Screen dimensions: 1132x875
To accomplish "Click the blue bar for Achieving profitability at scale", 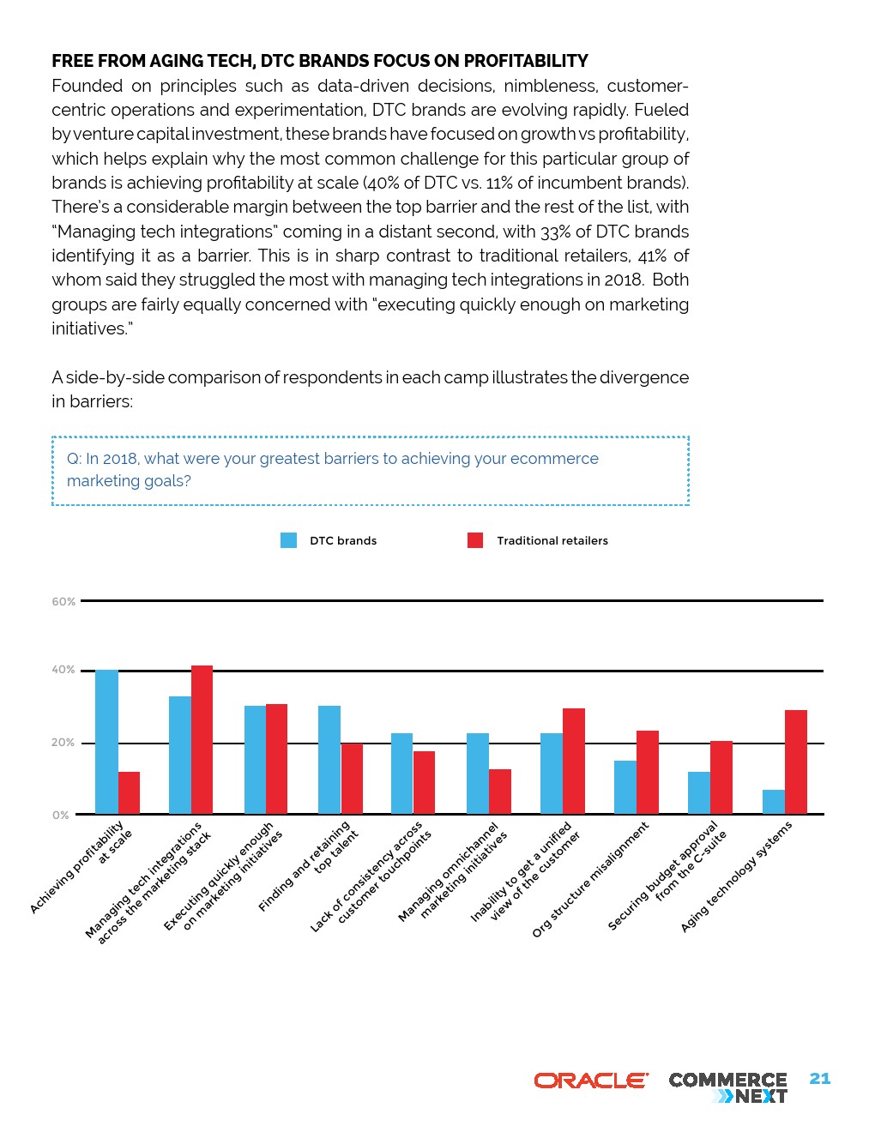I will click(106, 742).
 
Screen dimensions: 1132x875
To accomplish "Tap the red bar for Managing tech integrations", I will click(202, 739).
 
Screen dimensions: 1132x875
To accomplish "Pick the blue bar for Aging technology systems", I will click(773, 802).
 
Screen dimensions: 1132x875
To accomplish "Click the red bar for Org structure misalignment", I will click(648, 772).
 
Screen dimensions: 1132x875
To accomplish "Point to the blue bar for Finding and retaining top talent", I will click(329, 760).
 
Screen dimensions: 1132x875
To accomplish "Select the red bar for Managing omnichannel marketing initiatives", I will click(500, 792).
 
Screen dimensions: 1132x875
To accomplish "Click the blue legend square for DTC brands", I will click(289, 540).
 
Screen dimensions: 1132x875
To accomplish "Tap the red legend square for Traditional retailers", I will click(475, 540).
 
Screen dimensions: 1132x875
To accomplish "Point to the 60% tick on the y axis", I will click(63, 602).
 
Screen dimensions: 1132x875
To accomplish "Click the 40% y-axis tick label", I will click(63, 670).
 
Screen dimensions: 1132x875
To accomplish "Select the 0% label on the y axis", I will click(60, 815).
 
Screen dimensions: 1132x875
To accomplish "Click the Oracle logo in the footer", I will click(591, 1081).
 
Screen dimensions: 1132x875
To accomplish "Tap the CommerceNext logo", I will click(727, 1087).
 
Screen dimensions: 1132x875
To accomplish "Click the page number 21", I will click(820, 1079).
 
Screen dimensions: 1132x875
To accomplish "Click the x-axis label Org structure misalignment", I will click(590, 879).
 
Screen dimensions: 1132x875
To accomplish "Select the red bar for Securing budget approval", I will click(721, 777).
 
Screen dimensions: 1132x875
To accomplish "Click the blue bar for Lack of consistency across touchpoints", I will click(401, 774).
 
